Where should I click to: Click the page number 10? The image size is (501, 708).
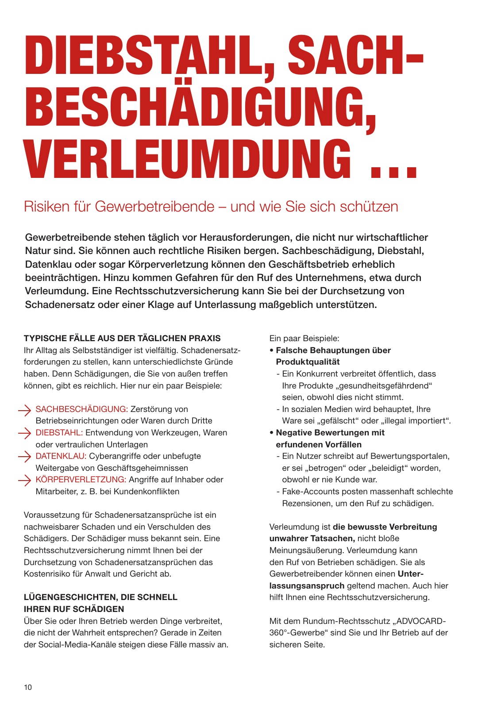[28, 687]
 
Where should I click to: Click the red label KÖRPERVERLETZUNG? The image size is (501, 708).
[81, 480]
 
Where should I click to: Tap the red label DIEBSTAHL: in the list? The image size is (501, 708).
[59, 433]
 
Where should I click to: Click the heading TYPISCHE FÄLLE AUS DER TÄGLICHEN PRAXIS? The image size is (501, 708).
[122, 339]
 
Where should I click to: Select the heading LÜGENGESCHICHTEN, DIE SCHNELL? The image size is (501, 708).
[100, 597]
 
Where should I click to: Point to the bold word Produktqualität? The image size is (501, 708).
[308, 362]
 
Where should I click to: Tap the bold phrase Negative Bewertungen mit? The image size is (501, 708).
[330, 433]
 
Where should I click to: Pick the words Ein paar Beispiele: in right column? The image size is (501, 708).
[304, 339]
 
